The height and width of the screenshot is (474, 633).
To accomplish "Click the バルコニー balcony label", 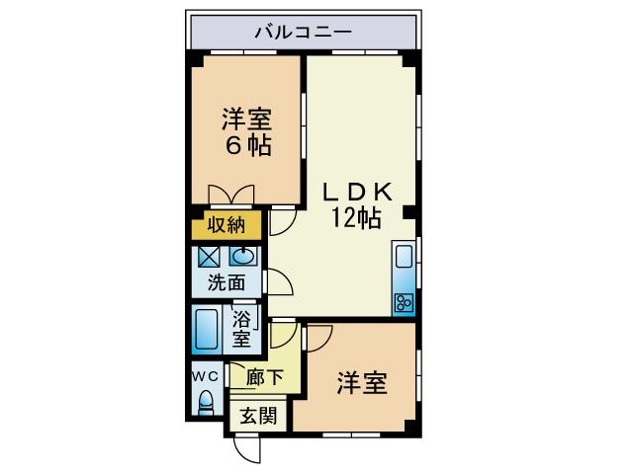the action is point(303,32).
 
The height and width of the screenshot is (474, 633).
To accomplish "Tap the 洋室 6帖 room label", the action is point(246,131).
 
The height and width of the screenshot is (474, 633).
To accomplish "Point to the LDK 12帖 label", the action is point(357,205).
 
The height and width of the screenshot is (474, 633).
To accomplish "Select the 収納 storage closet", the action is point(226,224).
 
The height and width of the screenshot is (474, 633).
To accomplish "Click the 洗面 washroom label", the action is point(226,282).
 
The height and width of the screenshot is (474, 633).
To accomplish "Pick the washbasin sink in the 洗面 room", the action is point(243,256).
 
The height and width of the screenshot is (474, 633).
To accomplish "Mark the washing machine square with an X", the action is point(209,257).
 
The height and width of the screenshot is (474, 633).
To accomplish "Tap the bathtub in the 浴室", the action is point(207,330).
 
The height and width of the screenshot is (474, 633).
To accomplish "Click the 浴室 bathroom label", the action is point(241,329).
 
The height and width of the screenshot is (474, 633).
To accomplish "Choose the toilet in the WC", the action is point(207,403).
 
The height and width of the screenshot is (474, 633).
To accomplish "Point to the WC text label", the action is point(205,377).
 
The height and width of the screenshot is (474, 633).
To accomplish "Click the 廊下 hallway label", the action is point(264,377).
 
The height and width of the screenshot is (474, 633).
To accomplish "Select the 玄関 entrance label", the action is point(258,416).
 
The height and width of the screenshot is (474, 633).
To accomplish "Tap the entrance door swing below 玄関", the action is point(247,449).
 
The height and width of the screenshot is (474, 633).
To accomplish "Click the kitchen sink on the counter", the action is point(404,257).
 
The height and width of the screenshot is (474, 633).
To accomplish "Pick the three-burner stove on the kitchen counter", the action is point(404,302).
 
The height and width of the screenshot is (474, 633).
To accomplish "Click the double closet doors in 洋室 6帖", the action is point(231,195).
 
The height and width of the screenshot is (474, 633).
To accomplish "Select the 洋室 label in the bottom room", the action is point(362,383).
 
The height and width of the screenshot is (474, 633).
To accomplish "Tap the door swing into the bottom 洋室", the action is point(318,337).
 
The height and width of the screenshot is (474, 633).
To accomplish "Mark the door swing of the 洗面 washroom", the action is point(278,281).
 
